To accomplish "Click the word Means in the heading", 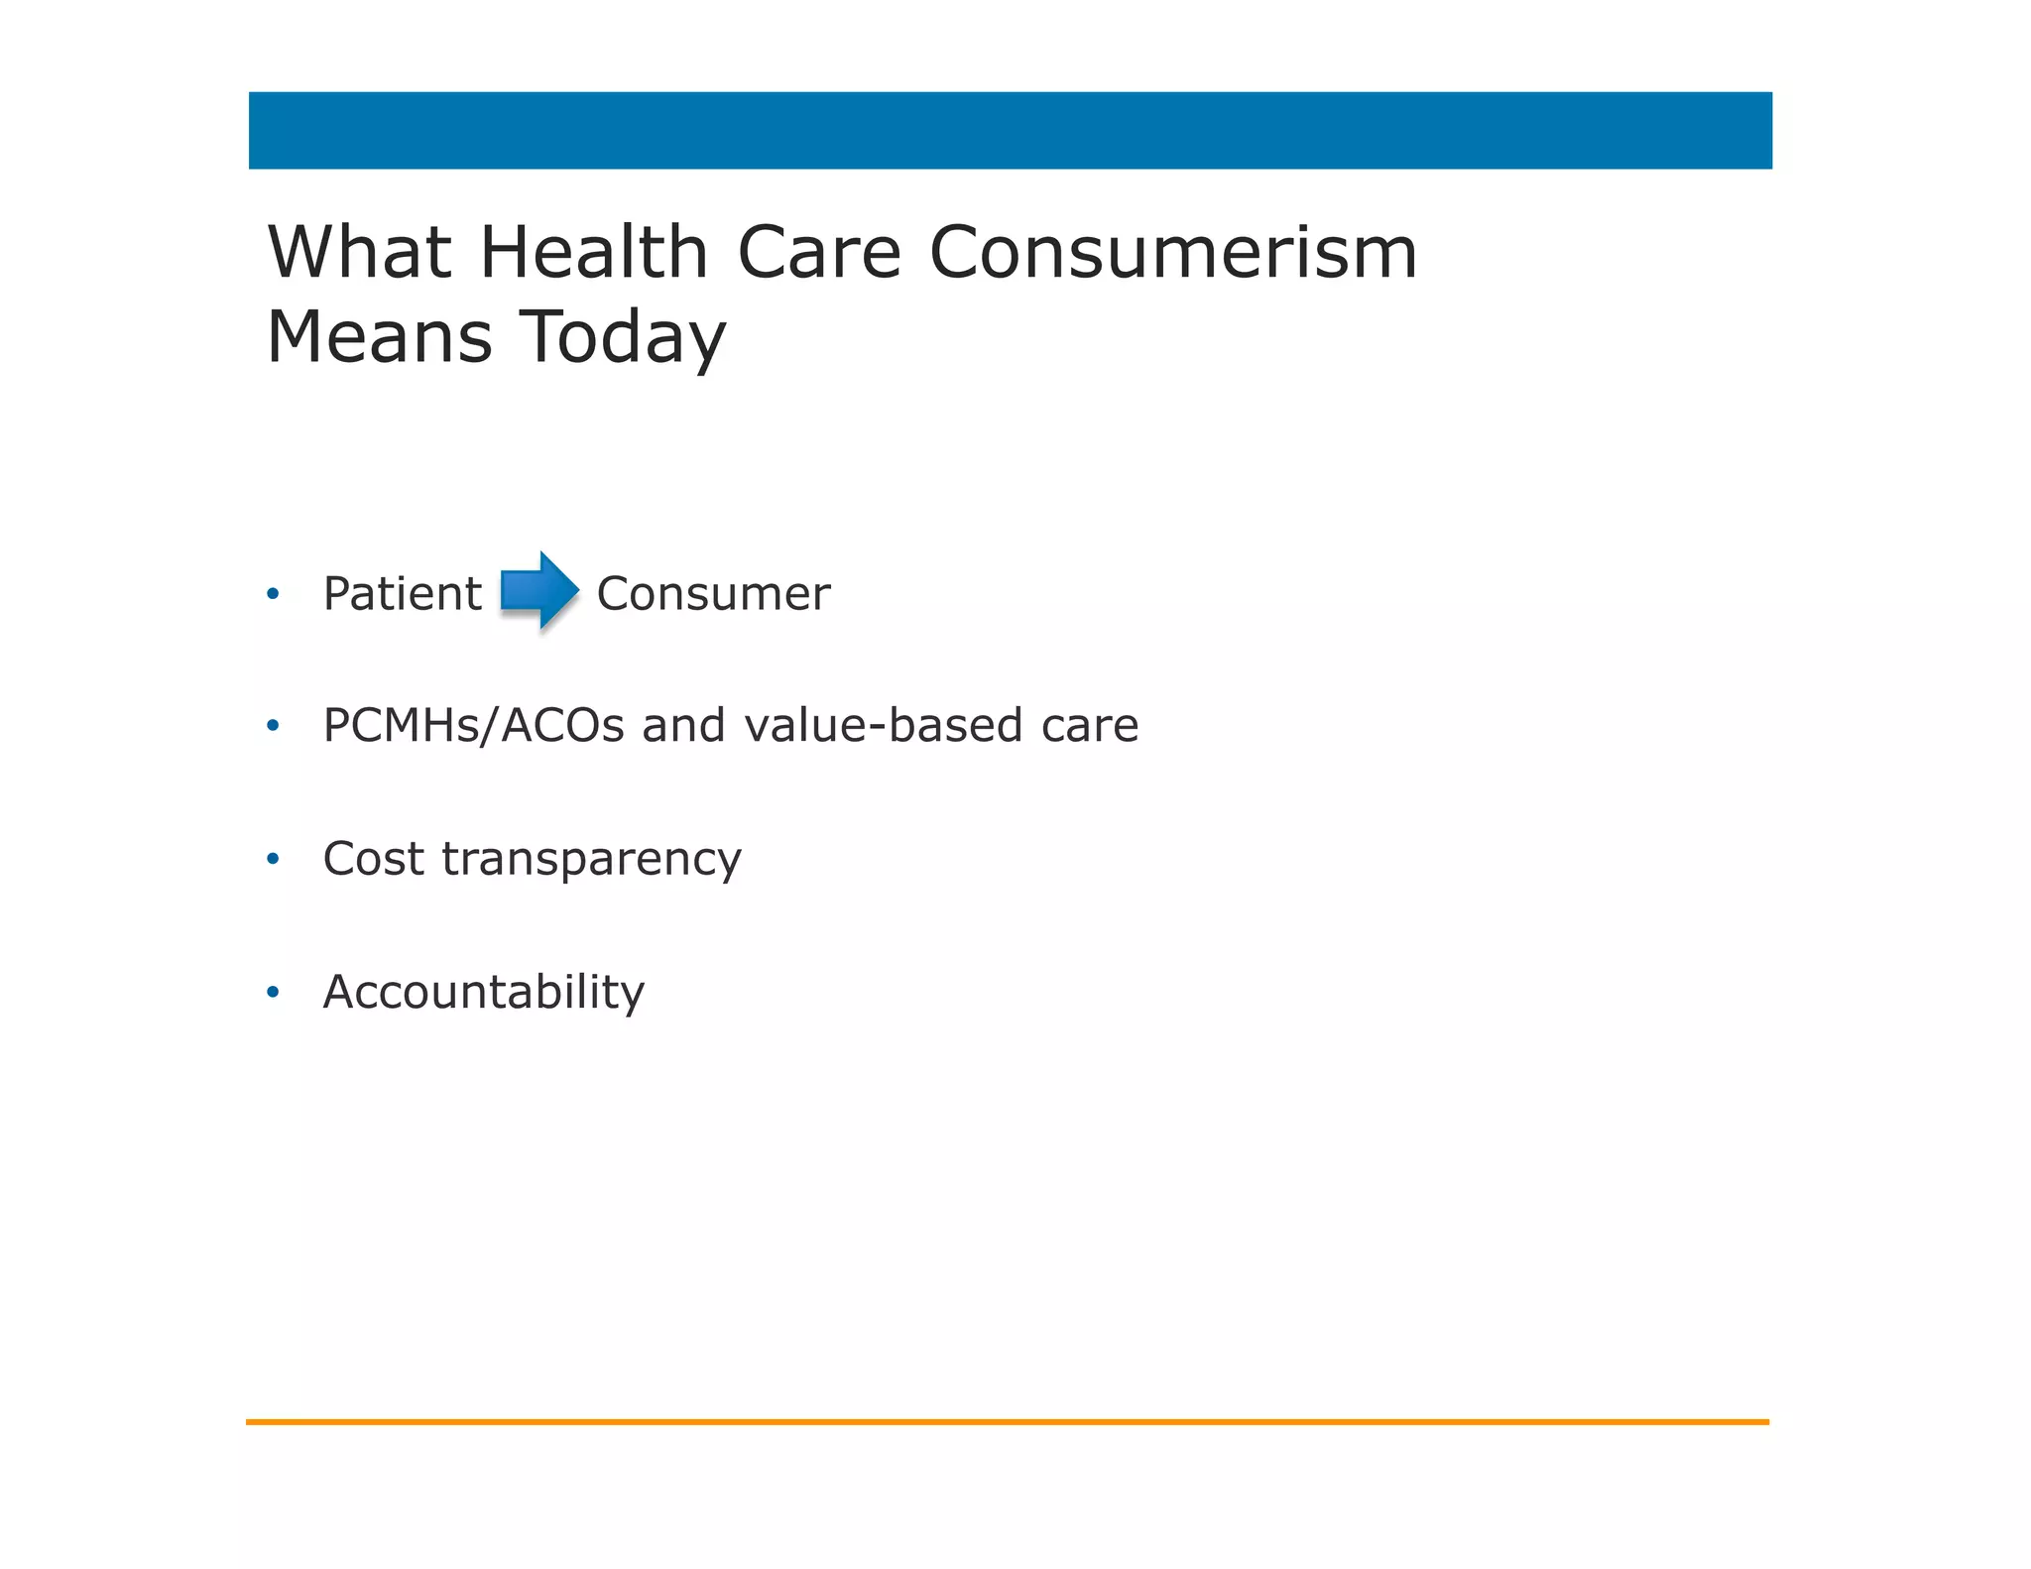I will click(380, 337).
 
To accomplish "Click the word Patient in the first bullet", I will click(403, 594).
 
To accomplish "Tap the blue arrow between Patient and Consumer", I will click(539, 590).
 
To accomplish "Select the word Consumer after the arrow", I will click(713, 594).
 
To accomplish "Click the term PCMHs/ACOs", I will click(474, 725).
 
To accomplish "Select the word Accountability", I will click(484, 992).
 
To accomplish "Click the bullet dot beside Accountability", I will click(273, 992).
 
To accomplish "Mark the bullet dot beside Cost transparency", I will click(273, 859).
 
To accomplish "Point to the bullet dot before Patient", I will click(273, 595).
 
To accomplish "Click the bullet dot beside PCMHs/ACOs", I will click(273, 726).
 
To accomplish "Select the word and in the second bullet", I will click(683, 725).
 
